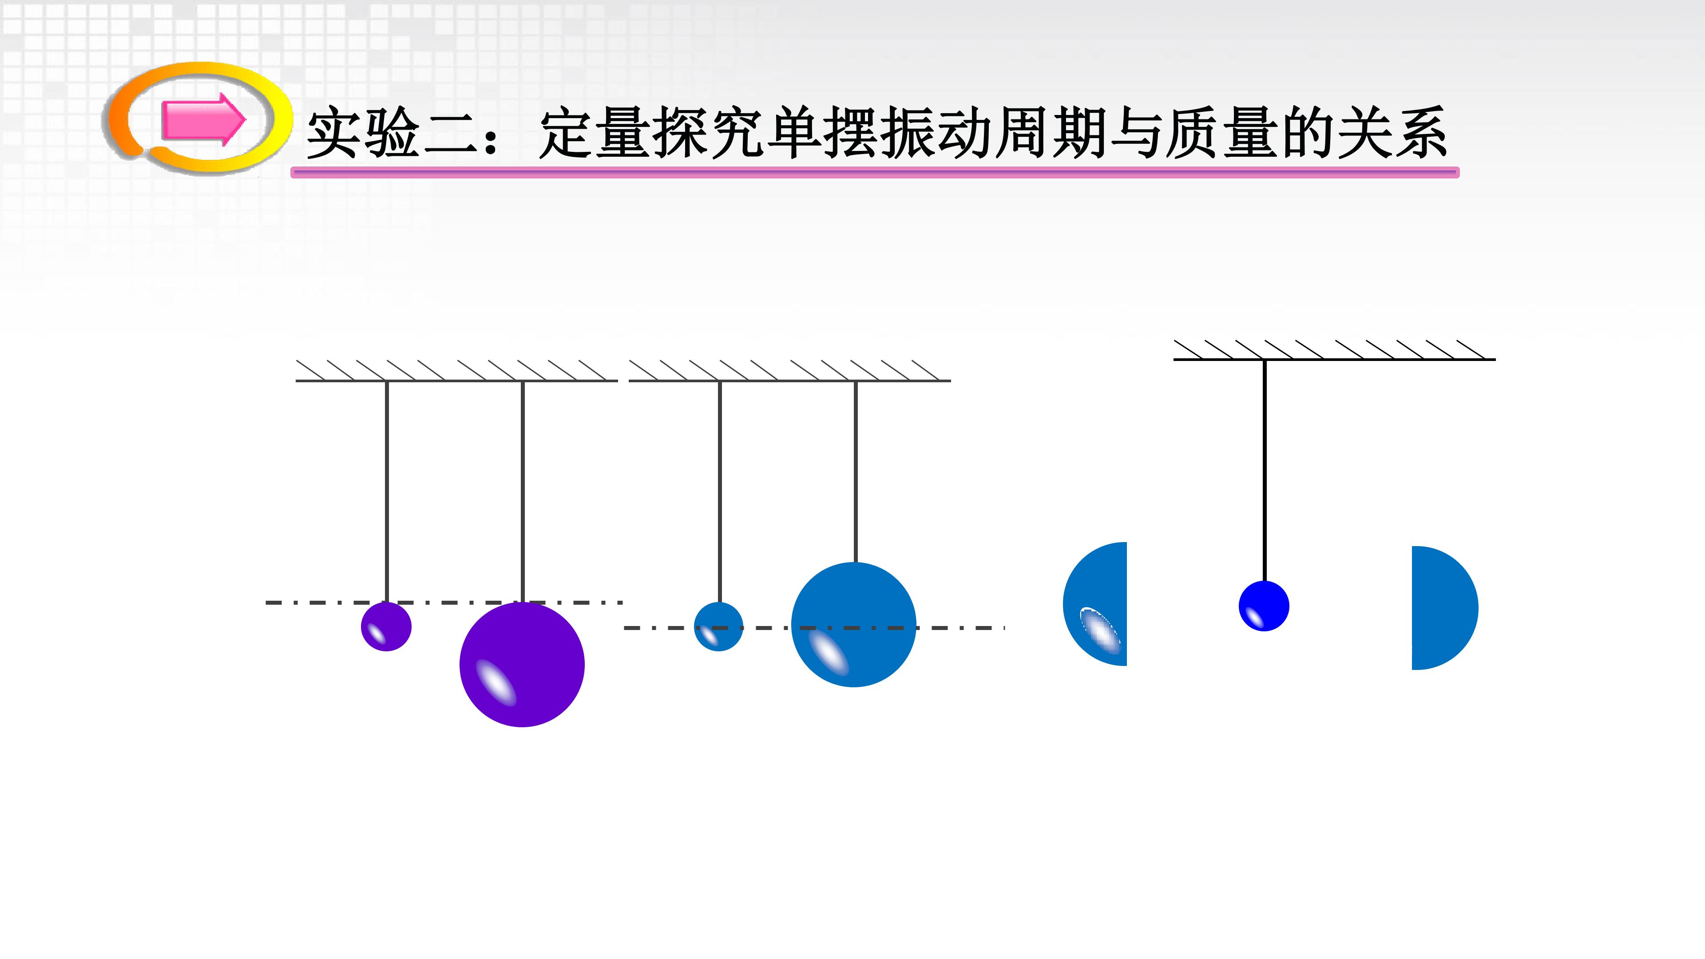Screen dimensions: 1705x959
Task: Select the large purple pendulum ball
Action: [x=522, y=665]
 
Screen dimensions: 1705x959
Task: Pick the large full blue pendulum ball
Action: [x=854, y=625]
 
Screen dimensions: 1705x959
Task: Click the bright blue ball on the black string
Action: [x=1264, y=606]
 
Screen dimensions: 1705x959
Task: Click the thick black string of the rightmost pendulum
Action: [x=1265, y=471]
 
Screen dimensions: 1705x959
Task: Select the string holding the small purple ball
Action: [x=387, y=492]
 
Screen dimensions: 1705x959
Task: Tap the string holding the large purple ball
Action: [x=523, y=492]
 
